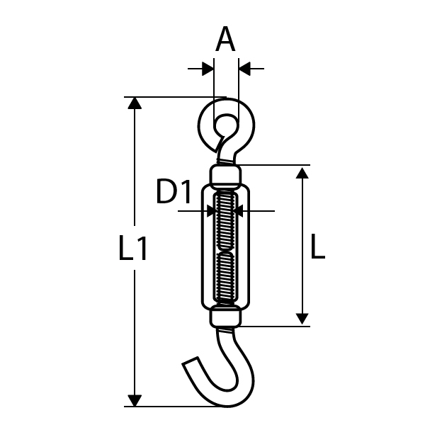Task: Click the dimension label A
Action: pyautogui.click(x=225, y=39)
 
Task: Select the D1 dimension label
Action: pyautogui.click(x=174, y=191)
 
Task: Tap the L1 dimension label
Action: pyautogui.click(x=133, y=248)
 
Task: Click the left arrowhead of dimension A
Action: pyautogui.click(x=208, y=69)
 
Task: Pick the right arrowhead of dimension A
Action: pyautogui.click(x=244, y=69)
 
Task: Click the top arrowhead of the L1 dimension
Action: pyautogui.click(x=135, y=103)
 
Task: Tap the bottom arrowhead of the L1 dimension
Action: pyautogui.click(x=135, y=401)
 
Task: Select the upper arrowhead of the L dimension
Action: pyautogui.click(x=302, y=173)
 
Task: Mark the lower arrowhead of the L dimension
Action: pyautogui.click(x=302, y=319)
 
